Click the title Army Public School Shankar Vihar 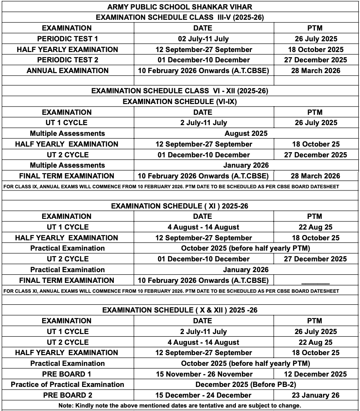180,7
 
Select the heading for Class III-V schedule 180,18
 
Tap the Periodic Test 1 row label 67,39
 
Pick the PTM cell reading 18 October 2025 315,49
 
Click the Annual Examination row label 67,71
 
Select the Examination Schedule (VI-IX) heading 180,101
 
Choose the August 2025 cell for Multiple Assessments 246,133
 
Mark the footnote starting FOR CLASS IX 171,187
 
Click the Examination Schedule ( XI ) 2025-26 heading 180,206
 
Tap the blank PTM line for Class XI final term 315,282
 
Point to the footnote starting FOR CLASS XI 171,291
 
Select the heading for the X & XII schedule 180,310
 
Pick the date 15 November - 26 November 204,374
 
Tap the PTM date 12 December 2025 315,374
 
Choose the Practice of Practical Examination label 67,384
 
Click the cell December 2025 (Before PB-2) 246,384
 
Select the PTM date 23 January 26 315,395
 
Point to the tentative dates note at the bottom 180,405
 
